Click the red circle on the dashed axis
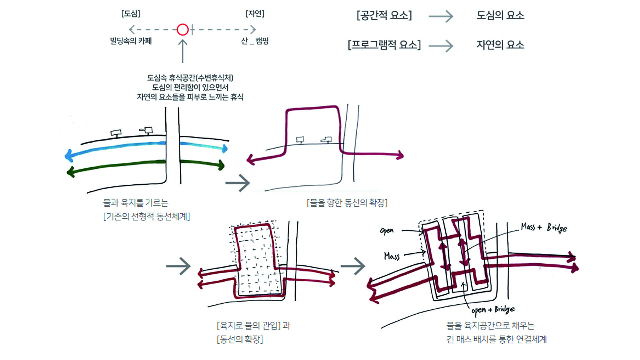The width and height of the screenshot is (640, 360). coord(183,30)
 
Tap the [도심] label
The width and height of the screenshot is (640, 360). coord(131,14)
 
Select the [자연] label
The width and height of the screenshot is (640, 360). coord(255,14)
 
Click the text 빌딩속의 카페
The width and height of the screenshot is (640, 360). coord(131,41)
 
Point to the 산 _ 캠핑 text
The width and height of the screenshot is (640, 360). coord(255,41)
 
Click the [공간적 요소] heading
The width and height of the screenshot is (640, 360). coord(384,15)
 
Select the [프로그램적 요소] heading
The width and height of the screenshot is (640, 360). coord(384,45)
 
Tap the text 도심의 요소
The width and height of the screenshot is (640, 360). coord(500,15)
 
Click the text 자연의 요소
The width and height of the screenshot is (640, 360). coord(500,45)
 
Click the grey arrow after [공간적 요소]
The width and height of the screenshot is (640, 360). coord(441,16)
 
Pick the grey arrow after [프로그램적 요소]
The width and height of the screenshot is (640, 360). coord(441,45)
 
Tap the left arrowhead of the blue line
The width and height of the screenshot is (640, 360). coord(69,155)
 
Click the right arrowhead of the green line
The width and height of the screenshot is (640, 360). coord(221,165)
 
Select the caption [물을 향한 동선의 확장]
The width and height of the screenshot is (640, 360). coord(347,203)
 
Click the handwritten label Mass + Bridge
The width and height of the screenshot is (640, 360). coord(544,228)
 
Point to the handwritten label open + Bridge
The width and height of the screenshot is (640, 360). coord(493,310)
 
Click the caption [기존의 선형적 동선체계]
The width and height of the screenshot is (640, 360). coord(147,217)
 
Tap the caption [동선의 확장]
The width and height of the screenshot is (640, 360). coord(240,339)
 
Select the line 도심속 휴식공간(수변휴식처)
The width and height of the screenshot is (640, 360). coord(190,78)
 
